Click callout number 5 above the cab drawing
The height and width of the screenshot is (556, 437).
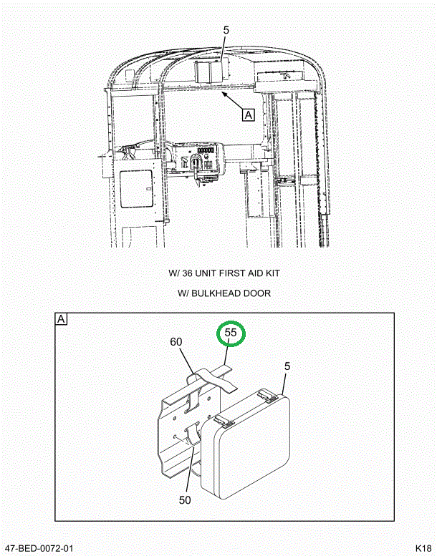pyautogui.click(x=226, y=31)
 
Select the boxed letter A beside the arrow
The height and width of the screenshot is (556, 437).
pyautogui.click(x=248, y=113)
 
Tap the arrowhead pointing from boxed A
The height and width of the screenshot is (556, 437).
pyautogui.click(x=224, y=92)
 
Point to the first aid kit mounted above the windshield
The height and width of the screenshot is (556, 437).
pyautogui.click(x=211, y=72)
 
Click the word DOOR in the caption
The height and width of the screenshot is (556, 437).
pyautogui.click(x=259, y=293)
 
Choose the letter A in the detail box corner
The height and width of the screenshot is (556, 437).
pyautogui.click(x=61, y=319)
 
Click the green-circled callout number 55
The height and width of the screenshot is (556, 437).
pyautogui.click(x=231, y=333)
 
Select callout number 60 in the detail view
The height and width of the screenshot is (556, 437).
pyautogui.click(x=176, y=341)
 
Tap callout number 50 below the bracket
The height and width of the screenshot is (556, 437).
pyautogui.click(x=185, y=500)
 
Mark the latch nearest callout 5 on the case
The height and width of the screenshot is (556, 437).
pyautogui.click(x=268, y=394)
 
